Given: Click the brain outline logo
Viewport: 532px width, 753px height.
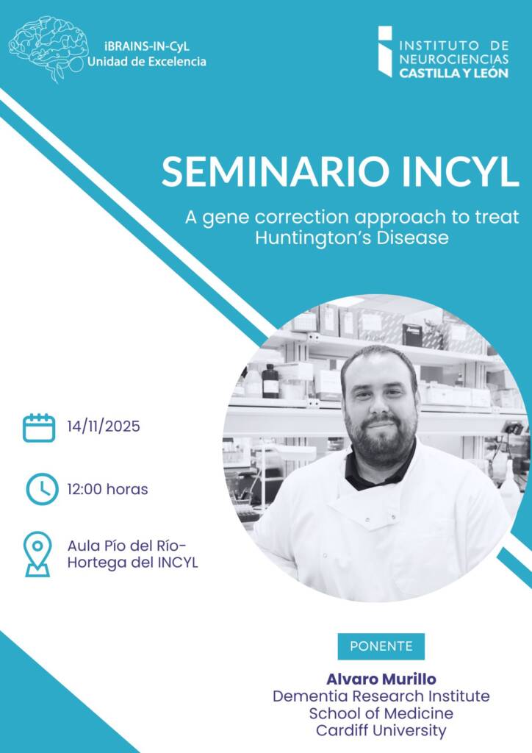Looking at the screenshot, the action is (x=48, y=48).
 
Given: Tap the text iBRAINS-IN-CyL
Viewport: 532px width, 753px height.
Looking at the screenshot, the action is (x=147, y=46).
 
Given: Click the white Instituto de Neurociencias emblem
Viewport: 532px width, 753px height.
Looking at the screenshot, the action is (x=385, y=51).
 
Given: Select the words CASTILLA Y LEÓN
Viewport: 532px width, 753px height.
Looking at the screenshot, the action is (x=454, y=74).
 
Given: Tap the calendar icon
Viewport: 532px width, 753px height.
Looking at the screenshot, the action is (x=39, y=427).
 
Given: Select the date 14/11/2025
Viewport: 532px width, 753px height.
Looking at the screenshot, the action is (x=104, y=426).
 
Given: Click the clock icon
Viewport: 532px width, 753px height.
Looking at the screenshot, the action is (x=42, y=489).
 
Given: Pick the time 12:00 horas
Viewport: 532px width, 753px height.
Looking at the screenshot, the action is (x=107, y=489).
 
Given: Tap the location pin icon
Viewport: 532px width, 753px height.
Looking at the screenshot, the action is (x=37, y=554).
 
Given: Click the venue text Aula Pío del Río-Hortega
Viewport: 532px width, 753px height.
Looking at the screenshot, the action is (x=132, y=554).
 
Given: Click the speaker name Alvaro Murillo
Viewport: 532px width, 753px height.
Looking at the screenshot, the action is (x=381, y=679).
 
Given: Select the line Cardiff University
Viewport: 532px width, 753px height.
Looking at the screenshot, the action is (x=381, y=730).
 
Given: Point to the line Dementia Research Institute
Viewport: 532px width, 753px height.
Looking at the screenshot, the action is (x=381, y=696).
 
